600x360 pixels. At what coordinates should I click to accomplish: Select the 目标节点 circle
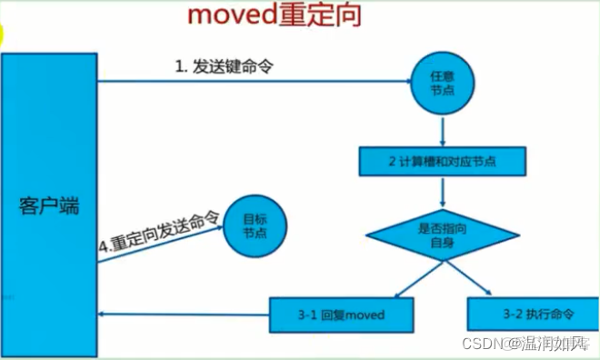click(255, 225)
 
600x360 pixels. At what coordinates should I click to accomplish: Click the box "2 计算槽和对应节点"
click(441, 162)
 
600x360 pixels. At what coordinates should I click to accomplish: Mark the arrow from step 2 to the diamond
click(441, 191)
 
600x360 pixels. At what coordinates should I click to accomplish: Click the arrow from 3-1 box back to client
click(182, 315)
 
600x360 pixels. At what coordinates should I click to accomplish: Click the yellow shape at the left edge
click(3, 35)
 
